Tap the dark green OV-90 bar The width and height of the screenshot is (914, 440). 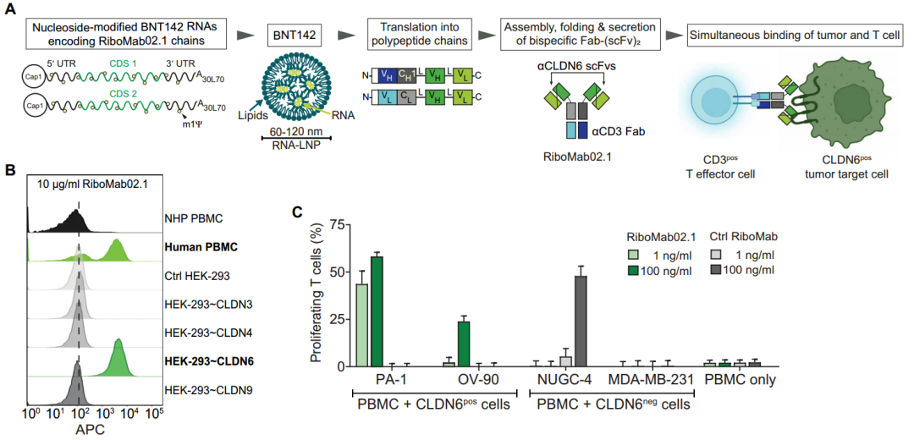click(x=464, y=343)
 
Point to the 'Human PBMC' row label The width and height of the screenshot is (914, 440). click(x=201, y=247)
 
